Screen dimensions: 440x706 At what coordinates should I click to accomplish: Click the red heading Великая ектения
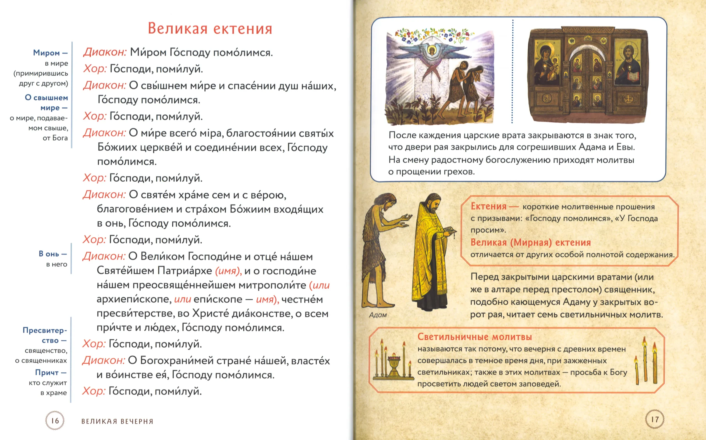pyautogui.click(x=210, y=28)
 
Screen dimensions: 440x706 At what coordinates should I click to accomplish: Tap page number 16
pyautogui.click(x=55, y=420)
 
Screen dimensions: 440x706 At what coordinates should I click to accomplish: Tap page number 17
pyautogui.click(x=655, y=419)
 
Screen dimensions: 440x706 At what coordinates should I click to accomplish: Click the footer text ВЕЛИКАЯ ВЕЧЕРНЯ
pyautogui.click(x=117, y=421)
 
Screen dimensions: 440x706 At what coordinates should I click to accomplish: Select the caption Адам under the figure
pyautogui.click(x=378, y=315)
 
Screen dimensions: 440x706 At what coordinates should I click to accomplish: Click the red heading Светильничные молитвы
pyautogui.click(x=475, y=337)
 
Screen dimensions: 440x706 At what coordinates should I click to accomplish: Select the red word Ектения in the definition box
pyautogui.click(x=489, y=206)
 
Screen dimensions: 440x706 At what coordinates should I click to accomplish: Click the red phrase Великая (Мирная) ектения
pyautogui.click(x=531, y=242)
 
